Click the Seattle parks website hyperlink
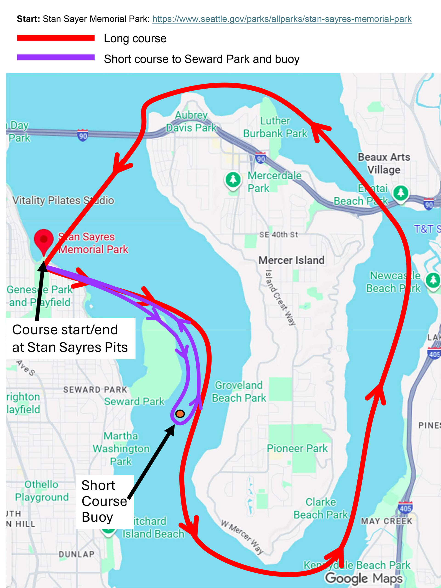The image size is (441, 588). (282, 19)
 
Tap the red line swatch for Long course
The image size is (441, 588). (56, 38)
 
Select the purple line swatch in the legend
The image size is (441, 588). (56, 57)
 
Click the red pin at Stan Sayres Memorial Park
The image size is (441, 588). (44, 240)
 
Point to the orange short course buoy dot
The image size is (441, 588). (180, 414)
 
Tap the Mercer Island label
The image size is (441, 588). (291, 260)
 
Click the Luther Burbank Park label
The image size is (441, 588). (275, 127)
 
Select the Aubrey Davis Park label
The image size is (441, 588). (191, 122)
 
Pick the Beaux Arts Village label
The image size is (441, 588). (384, 163)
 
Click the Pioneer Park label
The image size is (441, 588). (297, 448)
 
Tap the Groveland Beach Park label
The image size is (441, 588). (239, 392)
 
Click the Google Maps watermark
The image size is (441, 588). (364, 578)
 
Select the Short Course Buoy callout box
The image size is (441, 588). (105, 501)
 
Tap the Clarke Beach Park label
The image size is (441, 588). (321, 508)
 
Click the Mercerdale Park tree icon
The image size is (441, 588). (233, 179)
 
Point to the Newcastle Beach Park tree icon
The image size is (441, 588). (433, 280)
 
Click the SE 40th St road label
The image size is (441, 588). (278, 235)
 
